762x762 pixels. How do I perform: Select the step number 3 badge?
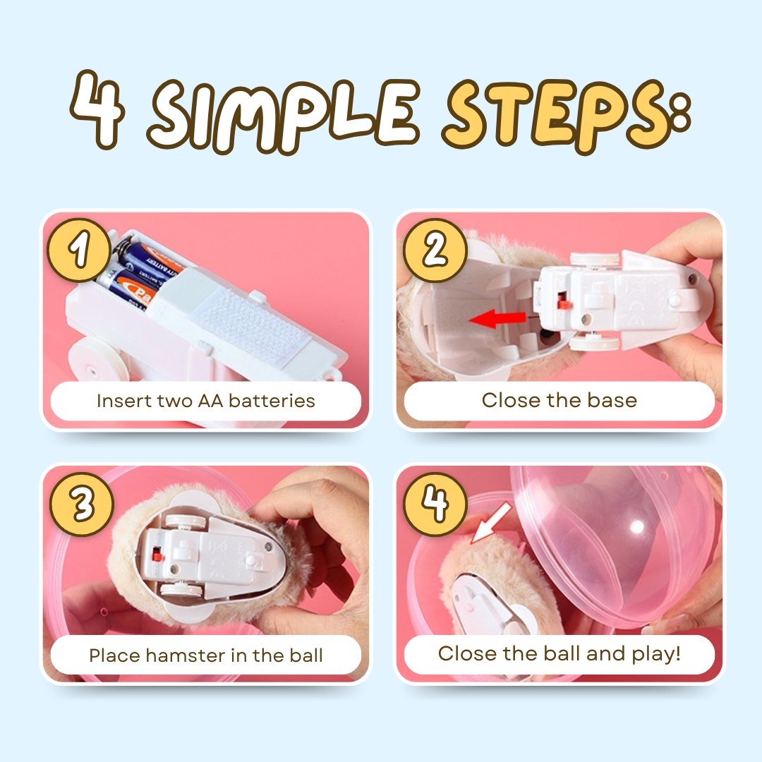(x=80, y=503)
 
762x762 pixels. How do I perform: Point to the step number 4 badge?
(x=434, y=503)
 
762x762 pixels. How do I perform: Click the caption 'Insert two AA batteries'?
(x=205, y=401)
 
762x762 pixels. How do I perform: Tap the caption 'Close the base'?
(x=559, y=401)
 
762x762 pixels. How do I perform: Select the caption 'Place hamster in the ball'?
(x=205, y=655)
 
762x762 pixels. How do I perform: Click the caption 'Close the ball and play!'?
(x=559, y=653)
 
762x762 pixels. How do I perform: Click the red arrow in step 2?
(x=497, y=320)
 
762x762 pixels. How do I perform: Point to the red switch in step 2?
(x=564, y=303)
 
